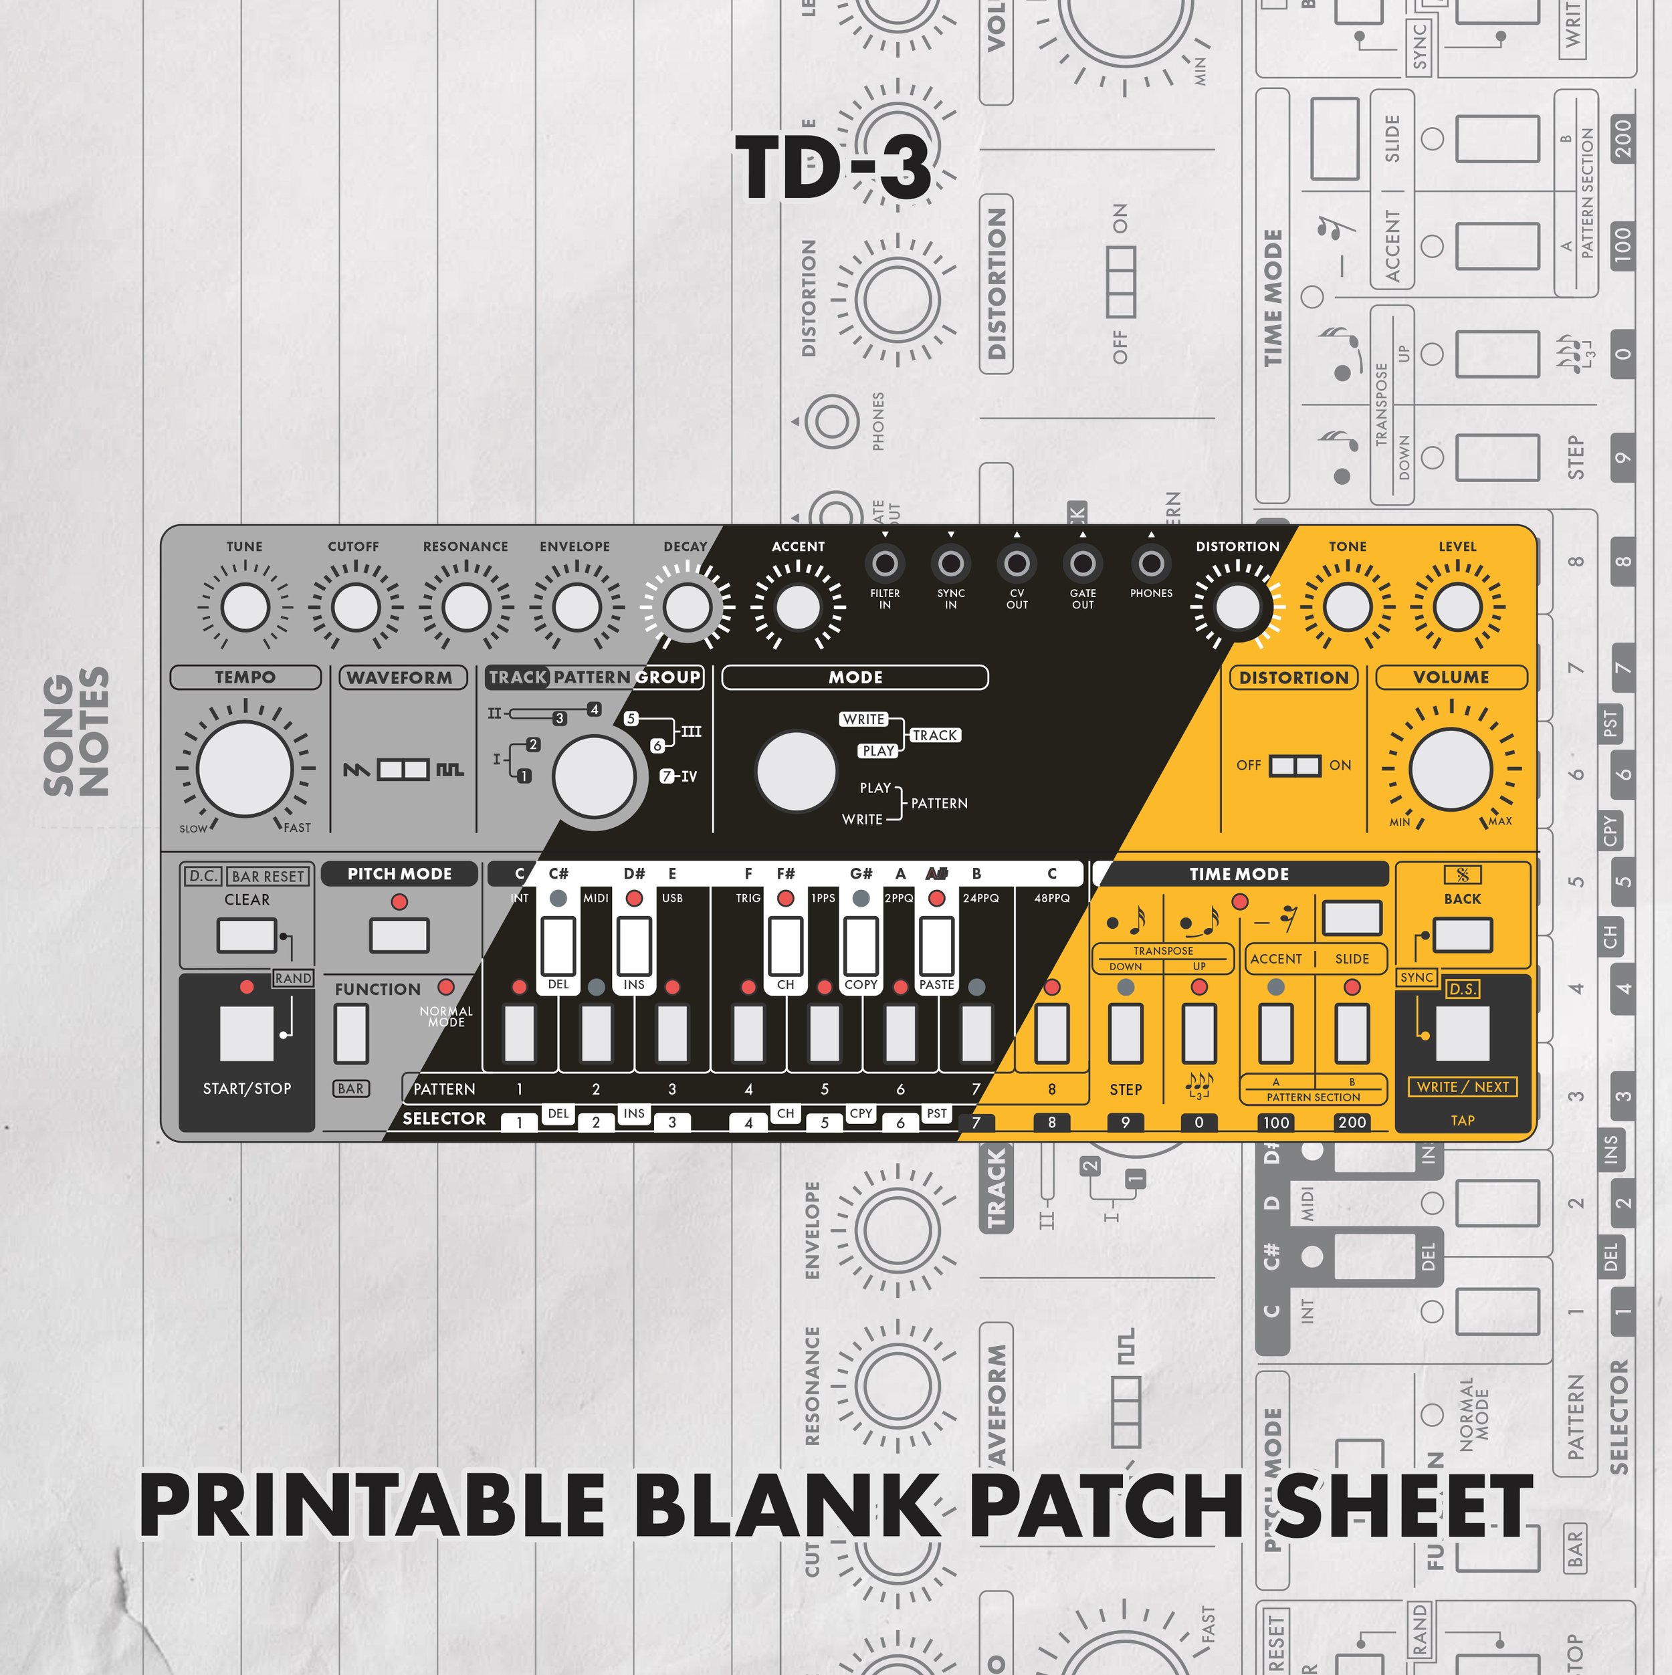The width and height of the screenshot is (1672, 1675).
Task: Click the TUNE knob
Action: click(x=245, y=607)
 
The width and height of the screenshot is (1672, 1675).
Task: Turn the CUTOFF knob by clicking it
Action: click(x=356, y=607)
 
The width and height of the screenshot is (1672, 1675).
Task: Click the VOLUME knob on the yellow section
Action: click(x=1450, y=769)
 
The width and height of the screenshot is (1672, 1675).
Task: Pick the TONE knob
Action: click(x=1348, y=607)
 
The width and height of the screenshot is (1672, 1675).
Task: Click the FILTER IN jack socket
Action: click(x=885, y=564)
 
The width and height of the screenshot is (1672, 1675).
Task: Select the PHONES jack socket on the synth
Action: click(x=1151, y=564)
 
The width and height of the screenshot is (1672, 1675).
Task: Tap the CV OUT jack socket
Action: click(x=1017, y=564)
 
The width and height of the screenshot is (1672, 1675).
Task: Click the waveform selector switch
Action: click(x=403, y=769)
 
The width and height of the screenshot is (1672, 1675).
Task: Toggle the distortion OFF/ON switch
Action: click(x=1295, y=766)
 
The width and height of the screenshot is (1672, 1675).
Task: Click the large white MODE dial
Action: click(x=796, y=772)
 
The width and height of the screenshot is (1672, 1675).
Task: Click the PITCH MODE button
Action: click(x=399, y=935)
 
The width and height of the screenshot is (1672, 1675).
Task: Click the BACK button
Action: click(x=1462, y=935)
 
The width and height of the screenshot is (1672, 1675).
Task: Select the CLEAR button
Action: click(x=247, y=935)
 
